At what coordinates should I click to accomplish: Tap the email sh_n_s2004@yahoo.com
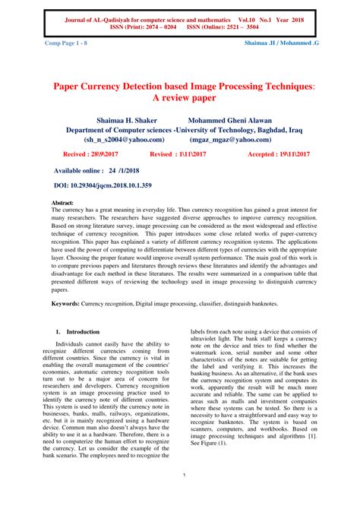click(x=124, y=139)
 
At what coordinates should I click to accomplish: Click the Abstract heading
click(x=62, y=204)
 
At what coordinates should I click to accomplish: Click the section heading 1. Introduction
click(x=78, y=332)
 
